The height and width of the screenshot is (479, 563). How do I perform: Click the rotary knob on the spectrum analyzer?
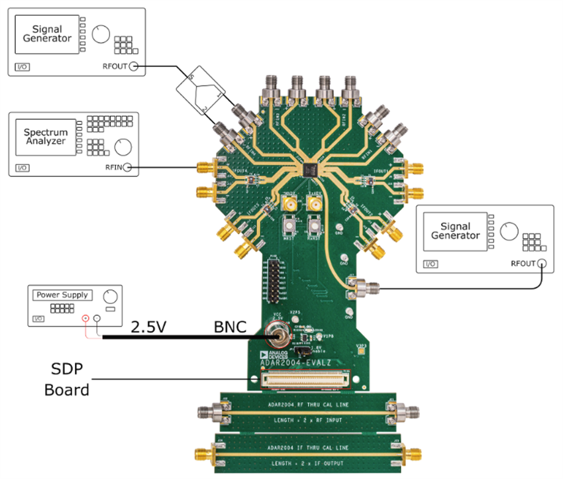click(122, 146)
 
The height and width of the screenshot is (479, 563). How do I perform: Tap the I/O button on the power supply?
click(39, 319)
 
